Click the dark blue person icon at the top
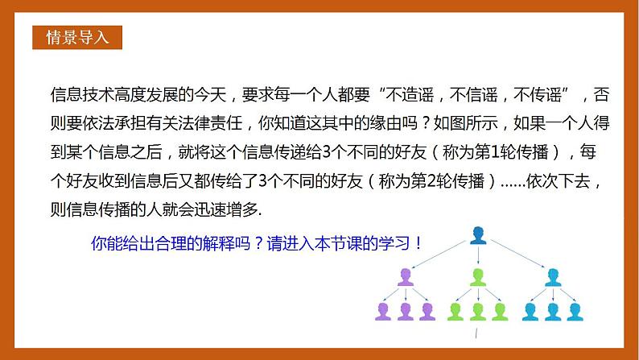pos(478,234)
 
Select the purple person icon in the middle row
pos(404,278)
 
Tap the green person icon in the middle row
pos(478,278)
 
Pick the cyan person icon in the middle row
pos(552,278)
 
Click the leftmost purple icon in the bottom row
pos(382,310)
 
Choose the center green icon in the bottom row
pos(478,310)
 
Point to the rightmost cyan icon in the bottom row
pos(574,310)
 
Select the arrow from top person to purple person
pos(441,254)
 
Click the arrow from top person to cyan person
pos(515,254)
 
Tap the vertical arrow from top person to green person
pos(478,256)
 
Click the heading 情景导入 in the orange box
pos(78,37)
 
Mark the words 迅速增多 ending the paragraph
pos(235,209)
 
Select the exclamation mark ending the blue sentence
pos(417,242)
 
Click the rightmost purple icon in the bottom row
pos(426,310)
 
